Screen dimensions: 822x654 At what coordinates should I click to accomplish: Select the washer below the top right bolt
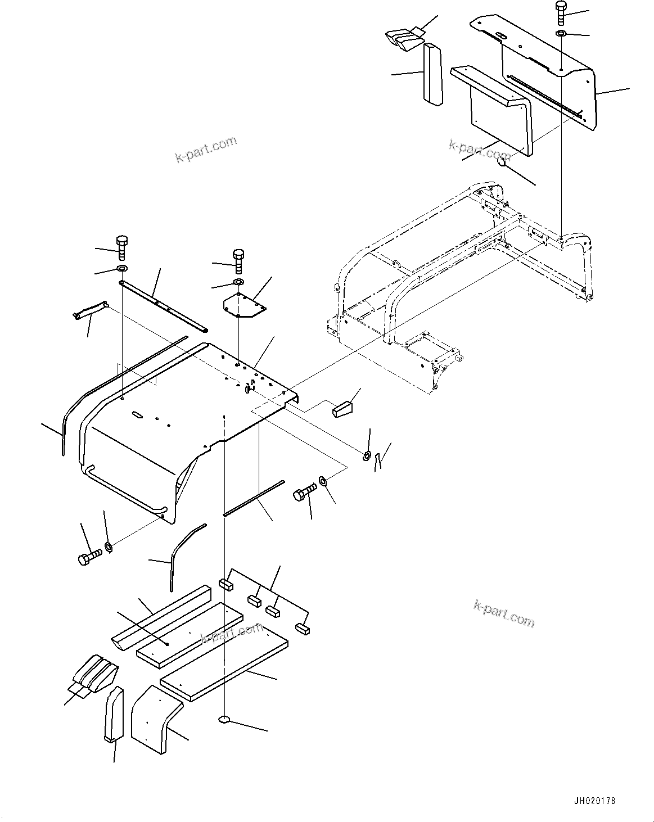point(561,34)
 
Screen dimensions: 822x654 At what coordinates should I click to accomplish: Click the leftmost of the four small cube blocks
point(225,584)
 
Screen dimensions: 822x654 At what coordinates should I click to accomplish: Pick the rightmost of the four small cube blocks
point(304,629)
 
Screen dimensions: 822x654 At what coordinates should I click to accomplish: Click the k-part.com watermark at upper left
point(206,150)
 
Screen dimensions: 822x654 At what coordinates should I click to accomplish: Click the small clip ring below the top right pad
point(504,162)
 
